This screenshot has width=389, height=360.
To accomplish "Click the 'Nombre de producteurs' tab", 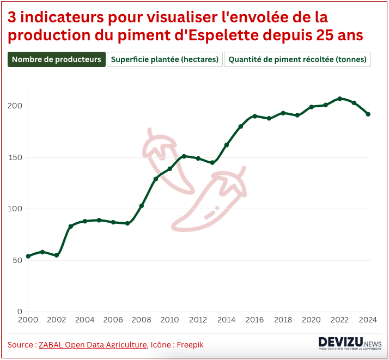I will [x=57, y=59].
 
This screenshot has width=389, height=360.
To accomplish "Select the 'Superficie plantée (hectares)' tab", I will [x=165, y=59].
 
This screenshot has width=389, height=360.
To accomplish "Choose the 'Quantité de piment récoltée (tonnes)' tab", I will [x=297, y=59].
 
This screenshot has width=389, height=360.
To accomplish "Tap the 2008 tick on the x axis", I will [x=142, y=320].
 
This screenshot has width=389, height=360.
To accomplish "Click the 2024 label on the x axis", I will [x=368, y=320].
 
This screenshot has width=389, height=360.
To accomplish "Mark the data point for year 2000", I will [x=28, y=256].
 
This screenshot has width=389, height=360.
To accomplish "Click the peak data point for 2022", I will [x=340, y=99].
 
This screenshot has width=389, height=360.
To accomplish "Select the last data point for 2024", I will [x=368, y=114].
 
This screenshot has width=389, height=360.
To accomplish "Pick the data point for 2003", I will [x=70, y=226].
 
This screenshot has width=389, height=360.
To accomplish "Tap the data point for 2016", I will [x=255, y=116].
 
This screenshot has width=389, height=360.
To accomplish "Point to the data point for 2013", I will [x=212, y=162].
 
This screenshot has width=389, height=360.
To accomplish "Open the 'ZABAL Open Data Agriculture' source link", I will [x=93, y=345].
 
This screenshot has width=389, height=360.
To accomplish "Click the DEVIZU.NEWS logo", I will [x=349, y=343].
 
